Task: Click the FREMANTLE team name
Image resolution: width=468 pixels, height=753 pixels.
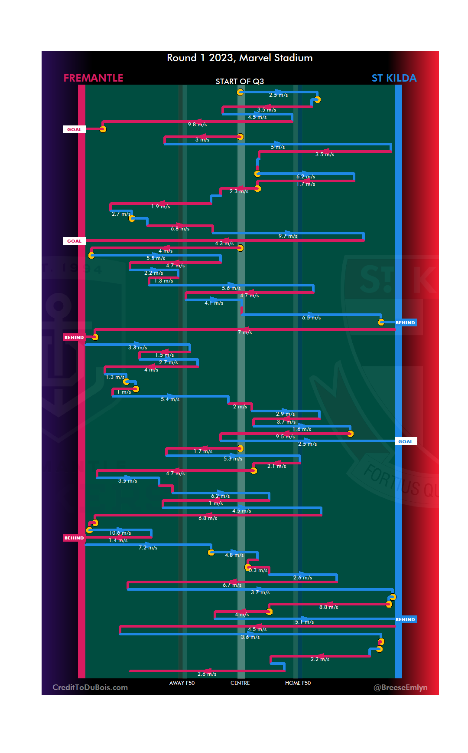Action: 93,78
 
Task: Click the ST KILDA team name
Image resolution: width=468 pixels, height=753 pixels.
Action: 394,78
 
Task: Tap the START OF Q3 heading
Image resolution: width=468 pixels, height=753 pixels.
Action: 240,82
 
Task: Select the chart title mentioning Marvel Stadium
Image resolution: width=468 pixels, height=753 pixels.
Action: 240,58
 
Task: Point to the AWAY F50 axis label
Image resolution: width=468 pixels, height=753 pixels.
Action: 182,683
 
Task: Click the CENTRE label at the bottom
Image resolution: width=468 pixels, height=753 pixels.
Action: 240,683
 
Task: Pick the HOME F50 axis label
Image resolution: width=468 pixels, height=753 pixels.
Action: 298,683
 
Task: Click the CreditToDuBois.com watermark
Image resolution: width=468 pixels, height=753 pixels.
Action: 90,687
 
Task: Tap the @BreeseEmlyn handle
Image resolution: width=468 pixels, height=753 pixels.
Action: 400,687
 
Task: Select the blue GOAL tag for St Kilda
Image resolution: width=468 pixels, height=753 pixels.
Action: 406,441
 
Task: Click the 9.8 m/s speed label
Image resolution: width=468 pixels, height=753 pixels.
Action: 197,125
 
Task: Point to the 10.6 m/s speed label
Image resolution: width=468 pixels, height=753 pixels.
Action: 120,533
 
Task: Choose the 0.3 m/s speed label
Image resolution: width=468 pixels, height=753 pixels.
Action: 258,570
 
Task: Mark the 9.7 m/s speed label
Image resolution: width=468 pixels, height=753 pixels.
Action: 288,236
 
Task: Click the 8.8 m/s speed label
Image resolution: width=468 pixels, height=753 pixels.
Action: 328,607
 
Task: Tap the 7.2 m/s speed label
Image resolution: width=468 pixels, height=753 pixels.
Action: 148,548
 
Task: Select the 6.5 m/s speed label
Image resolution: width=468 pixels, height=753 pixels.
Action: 312,318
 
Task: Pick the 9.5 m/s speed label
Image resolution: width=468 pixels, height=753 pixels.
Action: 285,437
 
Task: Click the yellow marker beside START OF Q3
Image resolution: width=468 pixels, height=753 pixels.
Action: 240,92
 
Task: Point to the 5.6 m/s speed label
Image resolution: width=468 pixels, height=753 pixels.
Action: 231,288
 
